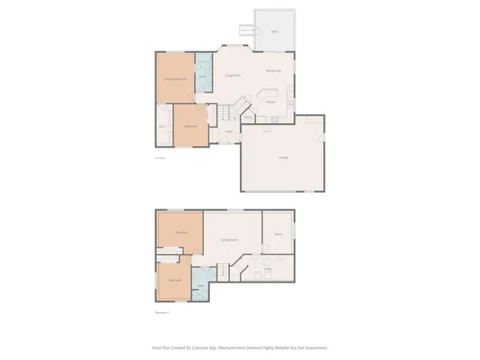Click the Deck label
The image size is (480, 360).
(x=274, y=31)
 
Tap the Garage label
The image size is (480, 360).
(x=283, y=157)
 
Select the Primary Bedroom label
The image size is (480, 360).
(x=175, y=78)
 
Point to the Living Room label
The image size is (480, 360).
(x=232, y=76)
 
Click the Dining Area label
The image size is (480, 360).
(x=273, y=70)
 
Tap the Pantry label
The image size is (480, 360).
(x=247, y=117)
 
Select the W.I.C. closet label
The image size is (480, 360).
(x=162, y=125)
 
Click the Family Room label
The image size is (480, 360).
(x=229, y=239)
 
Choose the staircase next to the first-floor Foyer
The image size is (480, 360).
(x=226, y=112)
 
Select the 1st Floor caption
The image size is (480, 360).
(x=159, y=157)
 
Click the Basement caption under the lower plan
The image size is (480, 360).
(x=162, y=312)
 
